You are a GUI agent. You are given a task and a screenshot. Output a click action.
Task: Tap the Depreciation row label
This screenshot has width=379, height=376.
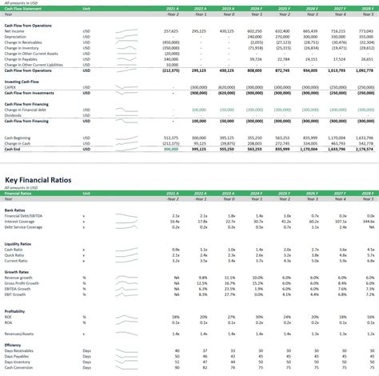pos(15,36)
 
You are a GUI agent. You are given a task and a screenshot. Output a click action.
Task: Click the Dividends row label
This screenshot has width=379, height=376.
pos(13,114)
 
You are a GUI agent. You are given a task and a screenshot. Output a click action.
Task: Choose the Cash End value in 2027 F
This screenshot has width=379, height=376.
pos(335,148)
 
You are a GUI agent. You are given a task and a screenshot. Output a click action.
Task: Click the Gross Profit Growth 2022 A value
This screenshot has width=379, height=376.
pos(201,282)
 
